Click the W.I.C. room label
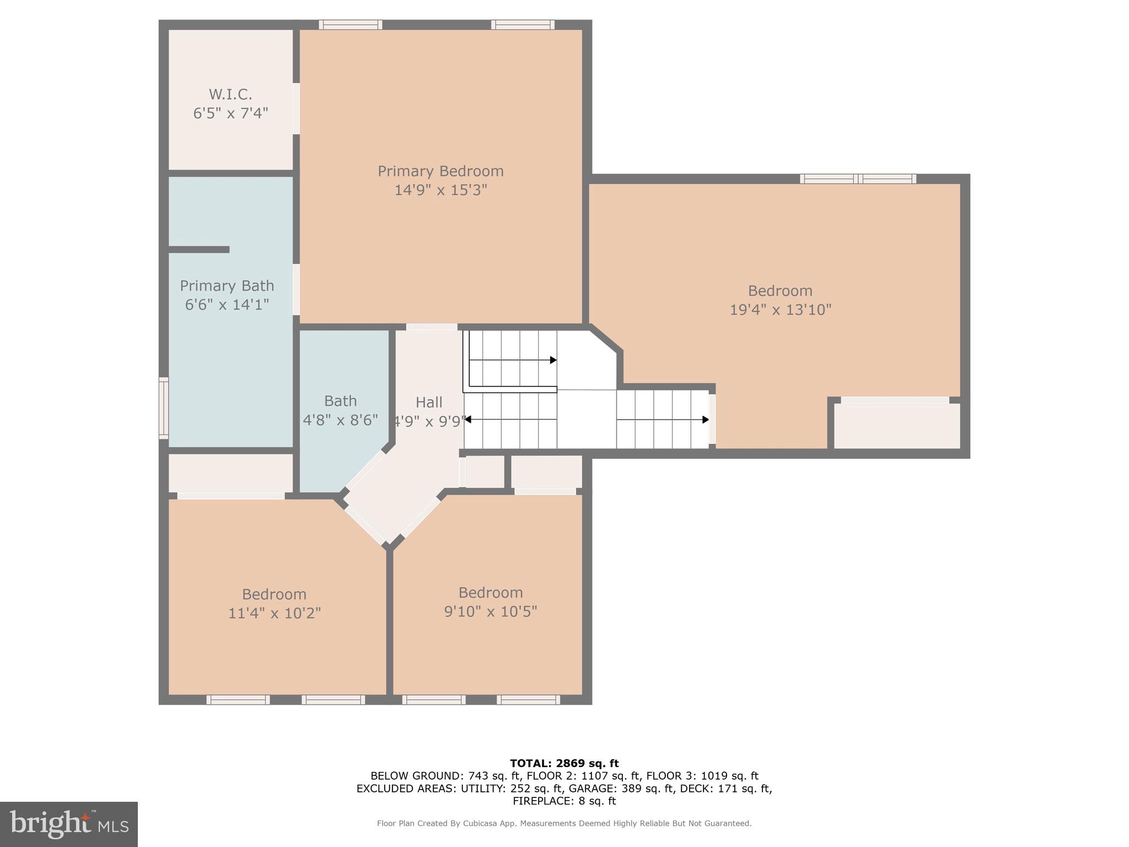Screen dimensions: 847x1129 tap(230, 94)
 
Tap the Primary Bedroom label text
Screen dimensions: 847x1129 tap(440, 171)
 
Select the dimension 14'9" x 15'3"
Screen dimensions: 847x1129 tap(440, 190)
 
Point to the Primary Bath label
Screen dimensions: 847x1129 tap(227, 286)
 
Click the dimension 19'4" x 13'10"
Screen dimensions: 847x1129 tap(780, 309)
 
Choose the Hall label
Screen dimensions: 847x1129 tap(429, 402)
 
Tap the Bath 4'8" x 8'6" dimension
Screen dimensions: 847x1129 tap(340, 420)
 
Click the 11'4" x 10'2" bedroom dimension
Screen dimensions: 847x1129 tap(275, 613)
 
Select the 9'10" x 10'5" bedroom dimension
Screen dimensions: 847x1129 tap(491, 612)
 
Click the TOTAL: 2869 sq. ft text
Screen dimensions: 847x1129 tap(564, 763)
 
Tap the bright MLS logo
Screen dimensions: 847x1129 tap(69, 824)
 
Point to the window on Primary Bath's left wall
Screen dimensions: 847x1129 tap(164, 408)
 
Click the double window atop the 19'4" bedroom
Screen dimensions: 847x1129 tap(858, 179)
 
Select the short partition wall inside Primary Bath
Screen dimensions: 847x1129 tap(198, 250)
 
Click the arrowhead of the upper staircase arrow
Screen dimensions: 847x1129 tap(553, 360)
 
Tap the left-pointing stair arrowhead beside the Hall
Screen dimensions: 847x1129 tap(467, 420)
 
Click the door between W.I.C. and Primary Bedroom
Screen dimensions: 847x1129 tap(296, 108)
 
